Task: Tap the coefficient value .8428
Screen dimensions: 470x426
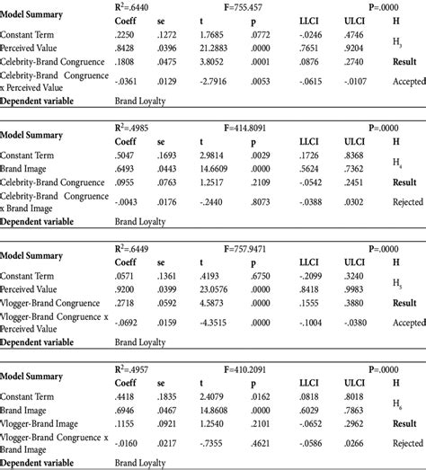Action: click(127, 47)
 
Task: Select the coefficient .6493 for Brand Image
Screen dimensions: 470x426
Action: click(127, 166)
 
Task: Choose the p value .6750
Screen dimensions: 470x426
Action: click(260, 275)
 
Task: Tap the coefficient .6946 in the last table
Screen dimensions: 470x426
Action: click(127, 410)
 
